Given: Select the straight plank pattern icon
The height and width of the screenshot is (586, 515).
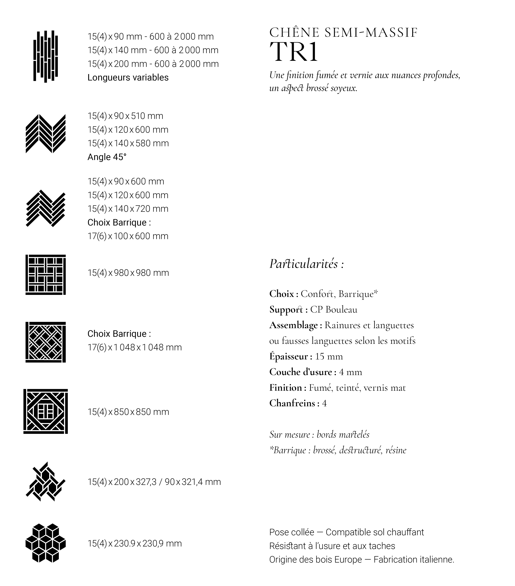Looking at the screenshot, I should (46, 56).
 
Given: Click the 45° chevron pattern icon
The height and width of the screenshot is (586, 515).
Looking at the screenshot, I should (46, 134).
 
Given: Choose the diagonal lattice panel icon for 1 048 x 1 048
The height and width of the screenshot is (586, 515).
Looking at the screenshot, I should (46, 342).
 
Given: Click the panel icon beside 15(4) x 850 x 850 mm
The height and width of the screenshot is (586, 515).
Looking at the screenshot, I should (46, 411).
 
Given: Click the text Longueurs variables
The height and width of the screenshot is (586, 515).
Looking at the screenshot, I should (128, 77).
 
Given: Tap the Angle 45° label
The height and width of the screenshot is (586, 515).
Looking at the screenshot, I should (107, 157).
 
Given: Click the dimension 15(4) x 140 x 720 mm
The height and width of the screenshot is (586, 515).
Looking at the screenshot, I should (128, 209).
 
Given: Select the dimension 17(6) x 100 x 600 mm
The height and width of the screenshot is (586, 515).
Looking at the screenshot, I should (128, 236).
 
